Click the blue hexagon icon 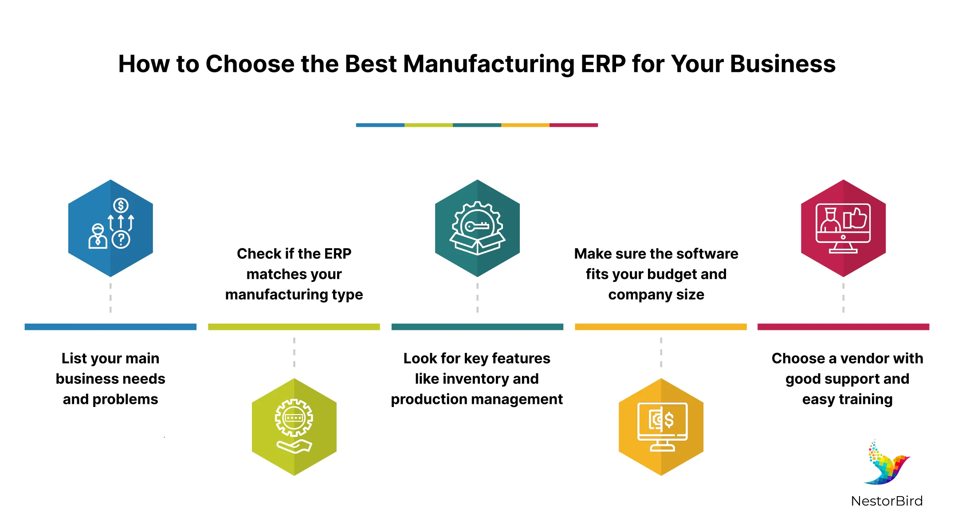[110, 228]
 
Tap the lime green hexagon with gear [294, 426]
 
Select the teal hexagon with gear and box [477, 228]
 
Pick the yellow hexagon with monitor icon [661, 426]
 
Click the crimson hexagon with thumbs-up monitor [843, 228]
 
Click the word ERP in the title [603, 64]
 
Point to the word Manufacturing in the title [489, 64]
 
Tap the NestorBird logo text [887, 501]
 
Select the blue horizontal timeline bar [110, 327]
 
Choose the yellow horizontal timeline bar [661, 327]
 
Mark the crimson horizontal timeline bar [843, 327]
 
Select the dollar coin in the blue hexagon [121, 205]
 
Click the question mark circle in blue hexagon [121, 240]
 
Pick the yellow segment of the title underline [525, 125]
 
